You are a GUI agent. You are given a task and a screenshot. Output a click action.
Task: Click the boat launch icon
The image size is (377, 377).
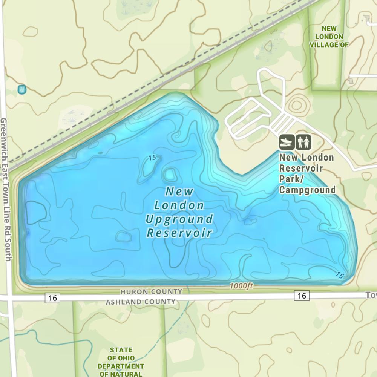(x=287, y=142)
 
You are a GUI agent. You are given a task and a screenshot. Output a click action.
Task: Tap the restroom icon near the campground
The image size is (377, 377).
(x=303, y=142)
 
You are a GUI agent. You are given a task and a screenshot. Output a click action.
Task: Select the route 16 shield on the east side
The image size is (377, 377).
(x=302, y=296)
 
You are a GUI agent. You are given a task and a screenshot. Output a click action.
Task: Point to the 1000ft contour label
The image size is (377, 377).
(x=241, y=286)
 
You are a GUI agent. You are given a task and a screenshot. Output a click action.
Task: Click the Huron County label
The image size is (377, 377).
(x=151, y=292)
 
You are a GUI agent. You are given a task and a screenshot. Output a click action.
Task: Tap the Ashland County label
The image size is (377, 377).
(x=141, y=302)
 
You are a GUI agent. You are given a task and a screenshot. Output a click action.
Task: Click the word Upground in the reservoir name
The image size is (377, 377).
(x=179, y=219)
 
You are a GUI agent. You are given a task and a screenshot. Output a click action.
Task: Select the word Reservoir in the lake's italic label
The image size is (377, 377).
(x=179, y=233)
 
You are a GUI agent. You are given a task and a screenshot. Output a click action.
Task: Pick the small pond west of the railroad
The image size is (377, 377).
(x=21, y=89)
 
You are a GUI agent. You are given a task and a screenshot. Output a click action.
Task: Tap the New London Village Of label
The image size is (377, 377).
(x=329, y=37)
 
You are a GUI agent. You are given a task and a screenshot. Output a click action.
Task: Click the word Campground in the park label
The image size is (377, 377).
(x=307, y=190)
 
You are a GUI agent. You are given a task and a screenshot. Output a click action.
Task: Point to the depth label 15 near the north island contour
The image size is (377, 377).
(x=152, y=158)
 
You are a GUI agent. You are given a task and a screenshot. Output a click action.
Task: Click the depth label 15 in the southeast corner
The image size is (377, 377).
(x=339, y=275)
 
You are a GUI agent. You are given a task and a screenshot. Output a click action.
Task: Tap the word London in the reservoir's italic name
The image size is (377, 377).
(x=179, y=205)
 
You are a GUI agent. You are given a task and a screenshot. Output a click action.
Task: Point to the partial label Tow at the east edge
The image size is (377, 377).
(x=371, y=295)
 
